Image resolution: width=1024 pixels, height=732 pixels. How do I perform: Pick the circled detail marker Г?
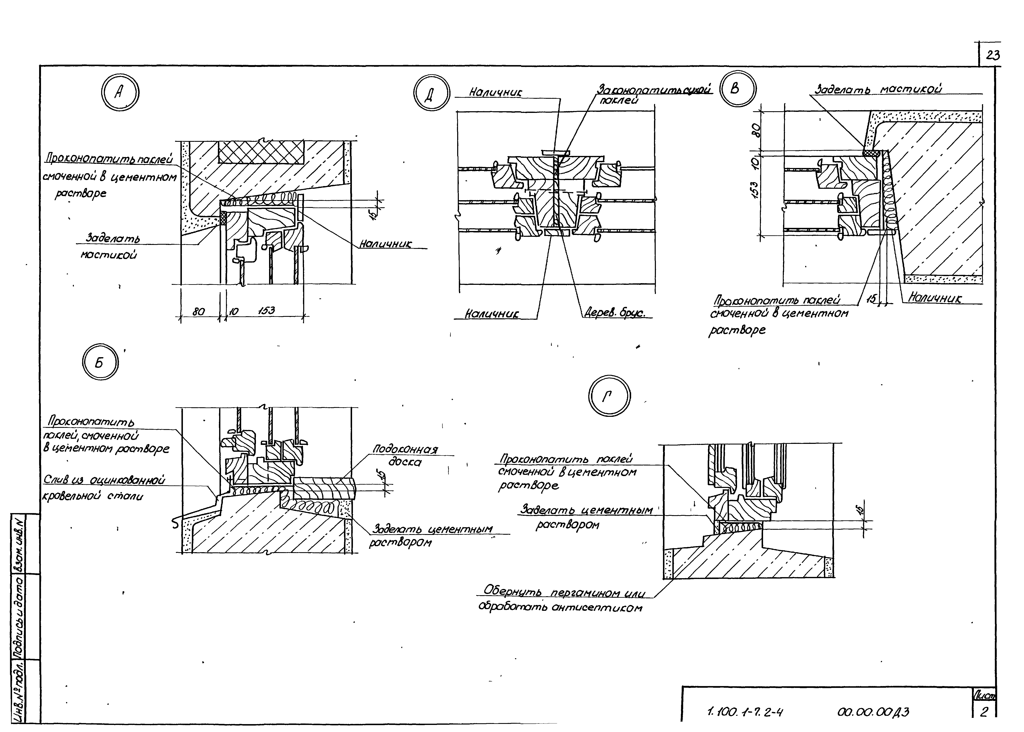pyautogui.click(x=609, y=396)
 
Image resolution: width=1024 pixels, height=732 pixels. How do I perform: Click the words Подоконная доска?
pyautogui.click(x=405, y=455)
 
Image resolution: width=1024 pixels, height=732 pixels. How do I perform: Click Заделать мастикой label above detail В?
pyautogui.click(x=878, y=89)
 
